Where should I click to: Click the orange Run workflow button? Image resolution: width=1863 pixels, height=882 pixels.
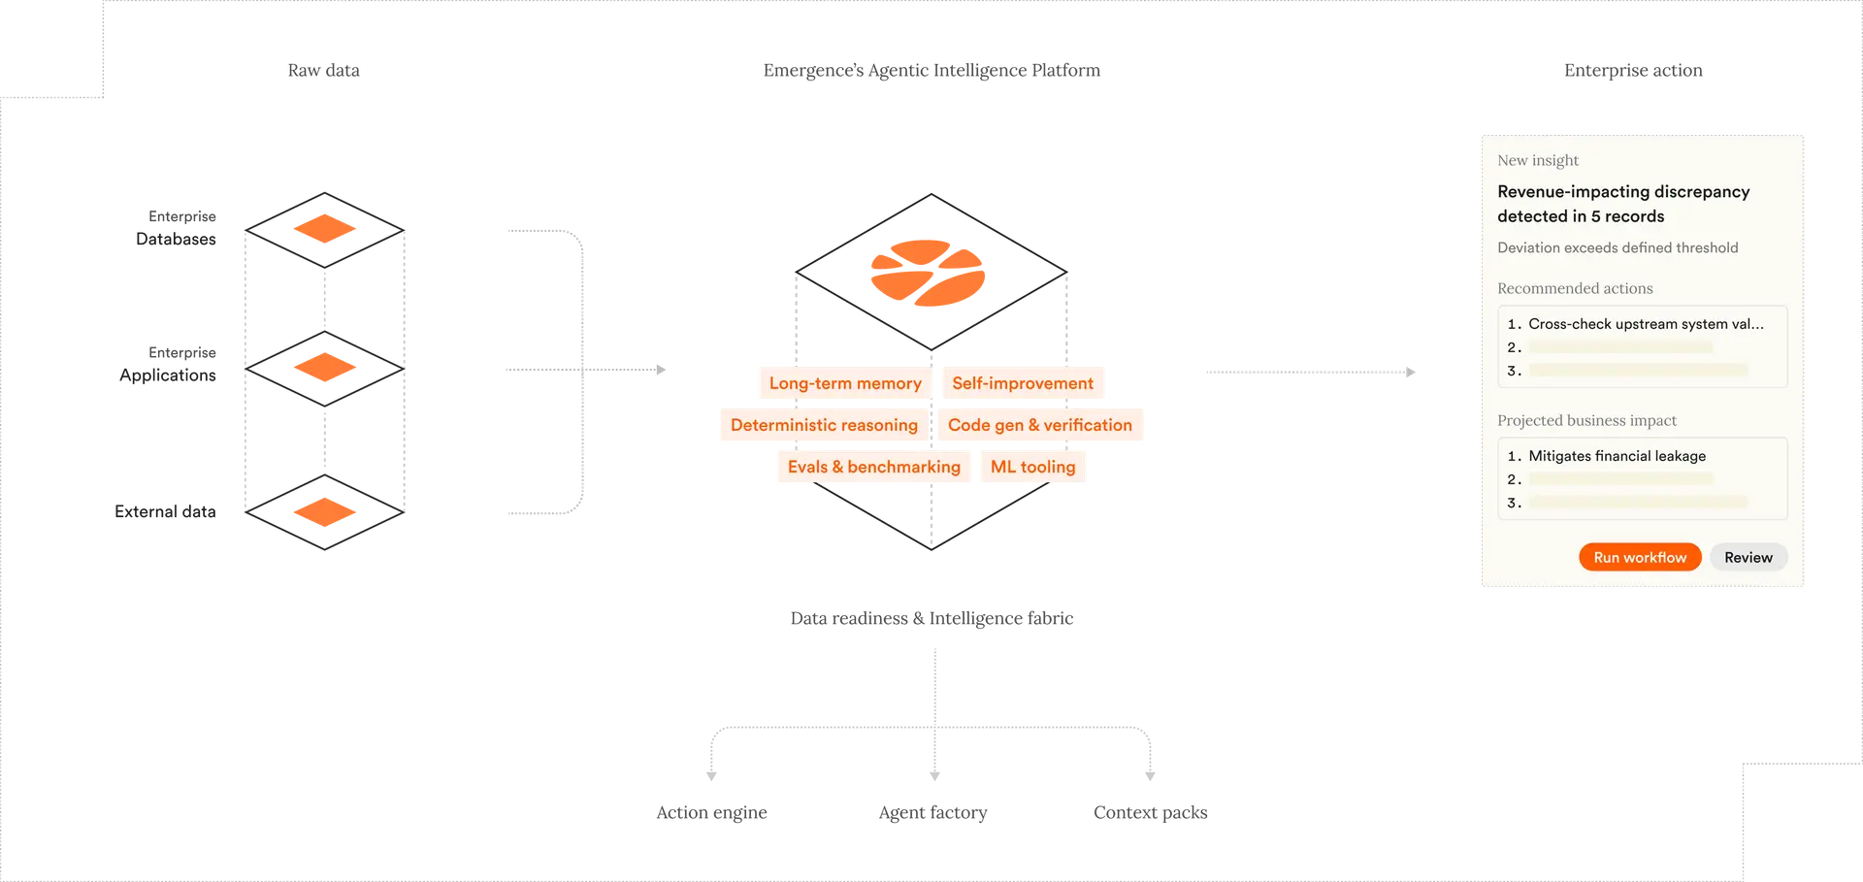pyautogui.click(x=1639, y=557)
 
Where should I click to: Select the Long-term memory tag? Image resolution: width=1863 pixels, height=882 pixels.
pyautogui.click(x=844, y=383)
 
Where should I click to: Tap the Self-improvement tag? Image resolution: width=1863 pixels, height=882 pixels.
pyautogui.click(x=1022, y=383)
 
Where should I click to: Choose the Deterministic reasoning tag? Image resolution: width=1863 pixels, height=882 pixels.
pyautogui.click(x=823, y=425)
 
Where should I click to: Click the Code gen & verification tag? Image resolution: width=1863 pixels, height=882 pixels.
pyautogui.click(x=1039, y=425)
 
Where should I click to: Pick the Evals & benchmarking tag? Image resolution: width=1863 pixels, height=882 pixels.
pyautogui.click(x=873, y=467)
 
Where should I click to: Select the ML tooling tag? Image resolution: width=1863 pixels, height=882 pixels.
pyautogui.click(x=1032, y=467)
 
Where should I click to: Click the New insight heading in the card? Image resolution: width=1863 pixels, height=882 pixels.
pyautogui.click(x=1537, y=160)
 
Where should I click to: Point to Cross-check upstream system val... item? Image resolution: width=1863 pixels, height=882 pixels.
pyautogui.click(x=1645, y=324)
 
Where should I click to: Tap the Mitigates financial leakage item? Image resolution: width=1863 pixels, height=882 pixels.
pyautogui.click(x=1617, y=456)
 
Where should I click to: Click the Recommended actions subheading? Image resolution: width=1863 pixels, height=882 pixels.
pyautogui.click(x=1574, y=288)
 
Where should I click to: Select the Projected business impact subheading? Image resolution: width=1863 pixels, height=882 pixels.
pyautogui.click(x=1585, y=420)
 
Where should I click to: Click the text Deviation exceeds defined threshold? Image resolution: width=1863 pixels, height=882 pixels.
pyautogui.click(x=1617, y=247)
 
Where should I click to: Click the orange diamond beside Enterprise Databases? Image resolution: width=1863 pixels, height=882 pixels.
pyautogui.click(x=342, y=230)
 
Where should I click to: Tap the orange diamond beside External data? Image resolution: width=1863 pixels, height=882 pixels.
pyautogui.click(x=342, y=513)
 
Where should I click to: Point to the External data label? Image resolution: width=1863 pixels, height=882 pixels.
pyautogui.click(x=165, y=512)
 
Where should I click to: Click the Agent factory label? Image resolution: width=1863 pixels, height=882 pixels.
pyautogui.click(x=932, y=813)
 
